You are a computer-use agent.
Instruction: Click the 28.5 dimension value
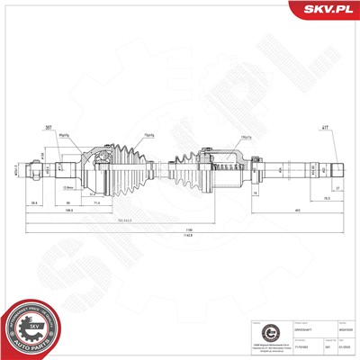33,203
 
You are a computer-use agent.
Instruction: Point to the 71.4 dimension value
97,203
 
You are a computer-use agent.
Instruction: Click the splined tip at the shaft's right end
338,167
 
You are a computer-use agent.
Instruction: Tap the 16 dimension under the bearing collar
255,193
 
